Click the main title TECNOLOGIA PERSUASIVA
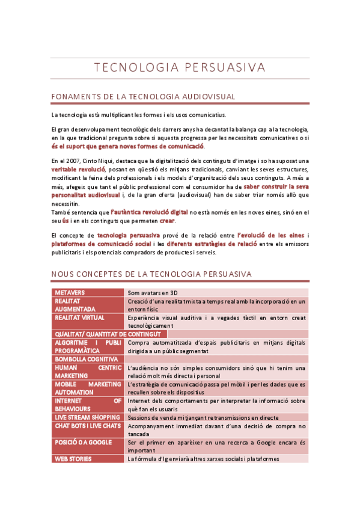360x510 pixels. click(180, 66)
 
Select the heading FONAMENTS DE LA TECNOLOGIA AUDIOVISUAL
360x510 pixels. click(143, 97)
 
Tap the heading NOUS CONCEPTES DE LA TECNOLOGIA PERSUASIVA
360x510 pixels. click(151, 274)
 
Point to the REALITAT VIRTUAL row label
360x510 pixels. click(79, 317)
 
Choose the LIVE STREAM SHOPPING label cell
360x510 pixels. click(87, 417)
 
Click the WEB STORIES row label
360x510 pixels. click(73, 459)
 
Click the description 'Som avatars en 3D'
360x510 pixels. click(153, 292)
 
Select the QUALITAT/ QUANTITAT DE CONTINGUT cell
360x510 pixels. click(108, 334)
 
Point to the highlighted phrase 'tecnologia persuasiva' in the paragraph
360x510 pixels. click(128, 235)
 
